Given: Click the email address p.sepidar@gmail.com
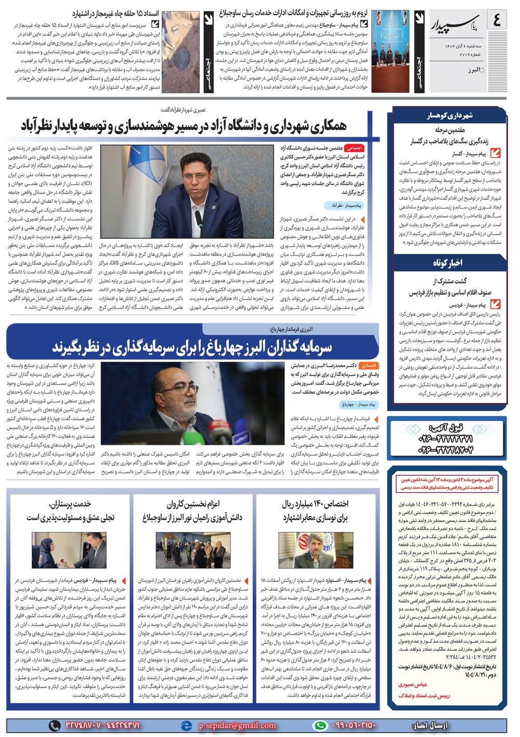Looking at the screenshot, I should point(237,725).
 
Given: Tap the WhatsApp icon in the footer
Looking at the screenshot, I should point(320,725).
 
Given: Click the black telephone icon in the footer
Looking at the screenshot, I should point(55,725).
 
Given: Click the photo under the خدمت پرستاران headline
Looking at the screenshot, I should point(69,550).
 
